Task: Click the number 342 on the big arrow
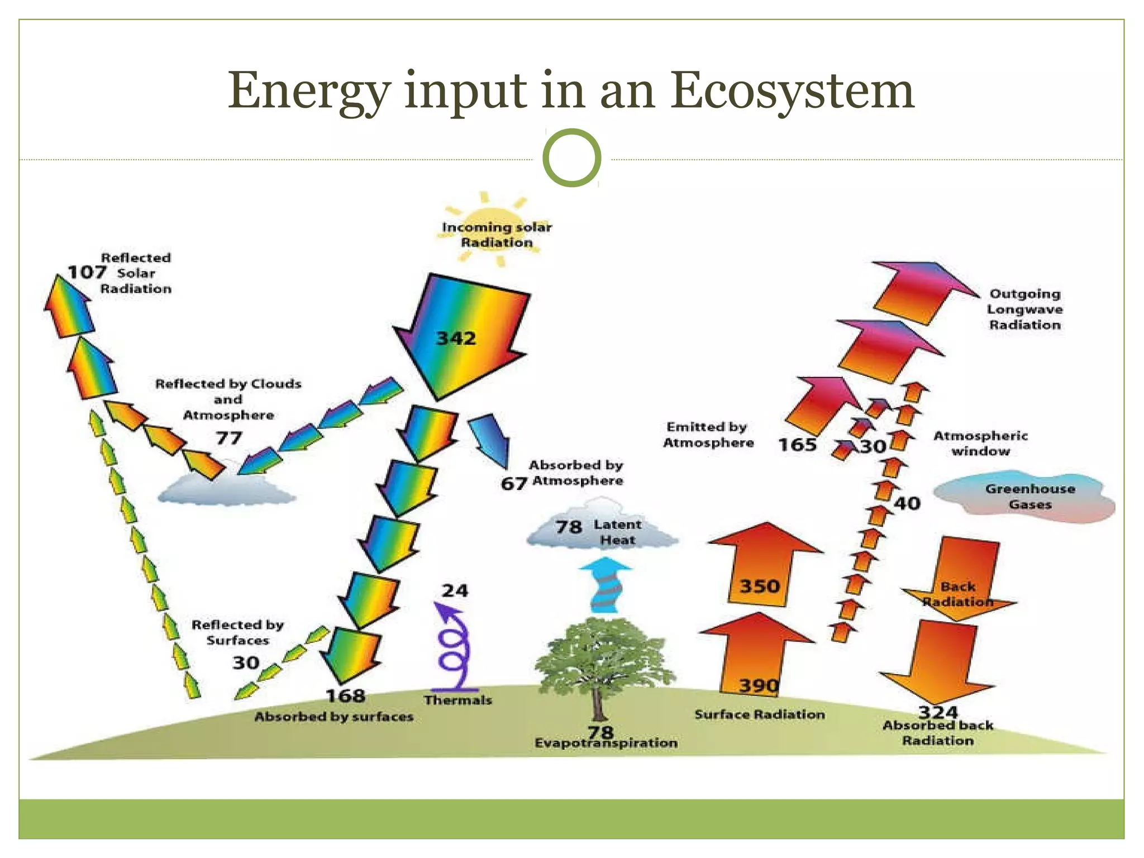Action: (456, 339)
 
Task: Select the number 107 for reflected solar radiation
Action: (87, 273)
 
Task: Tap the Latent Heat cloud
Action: (602, 532)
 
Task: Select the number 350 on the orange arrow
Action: (760, 586)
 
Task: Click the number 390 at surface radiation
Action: (758, 685)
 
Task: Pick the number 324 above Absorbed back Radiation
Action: (938, 712)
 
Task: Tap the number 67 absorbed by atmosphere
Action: (513, 483)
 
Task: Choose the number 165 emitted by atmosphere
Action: (797, 445)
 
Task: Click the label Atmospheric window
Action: (980, 443)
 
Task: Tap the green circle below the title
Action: (572, 158)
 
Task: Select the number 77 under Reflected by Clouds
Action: (229, 437)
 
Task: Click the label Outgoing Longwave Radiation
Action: (1024, 309)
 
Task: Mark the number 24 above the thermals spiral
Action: (455, 590)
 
